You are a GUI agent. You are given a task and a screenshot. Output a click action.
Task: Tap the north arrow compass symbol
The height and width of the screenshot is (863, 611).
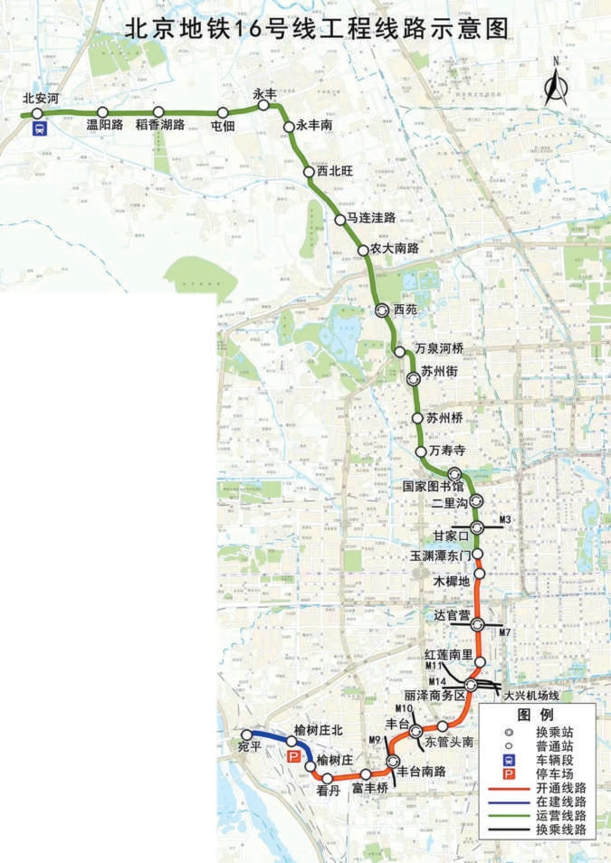(555, 83)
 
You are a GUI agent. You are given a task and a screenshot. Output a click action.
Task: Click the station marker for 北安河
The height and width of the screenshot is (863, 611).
(37, 113)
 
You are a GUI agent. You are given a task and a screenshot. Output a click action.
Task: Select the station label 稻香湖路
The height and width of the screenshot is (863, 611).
(160, 126)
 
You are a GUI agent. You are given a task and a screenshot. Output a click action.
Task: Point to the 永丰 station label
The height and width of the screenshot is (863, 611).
(263, 93)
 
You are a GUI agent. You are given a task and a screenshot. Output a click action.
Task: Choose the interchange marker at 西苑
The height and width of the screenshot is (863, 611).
(383, 309)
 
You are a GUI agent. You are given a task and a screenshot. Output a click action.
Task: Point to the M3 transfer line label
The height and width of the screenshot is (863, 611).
(506, 519)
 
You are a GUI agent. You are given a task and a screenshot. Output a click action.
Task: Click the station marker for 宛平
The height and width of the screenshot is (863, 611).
(245, 735)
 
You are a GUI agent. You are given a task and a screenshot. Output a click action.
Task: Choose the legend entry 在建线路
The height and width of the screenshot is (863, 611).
(560, 802)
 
